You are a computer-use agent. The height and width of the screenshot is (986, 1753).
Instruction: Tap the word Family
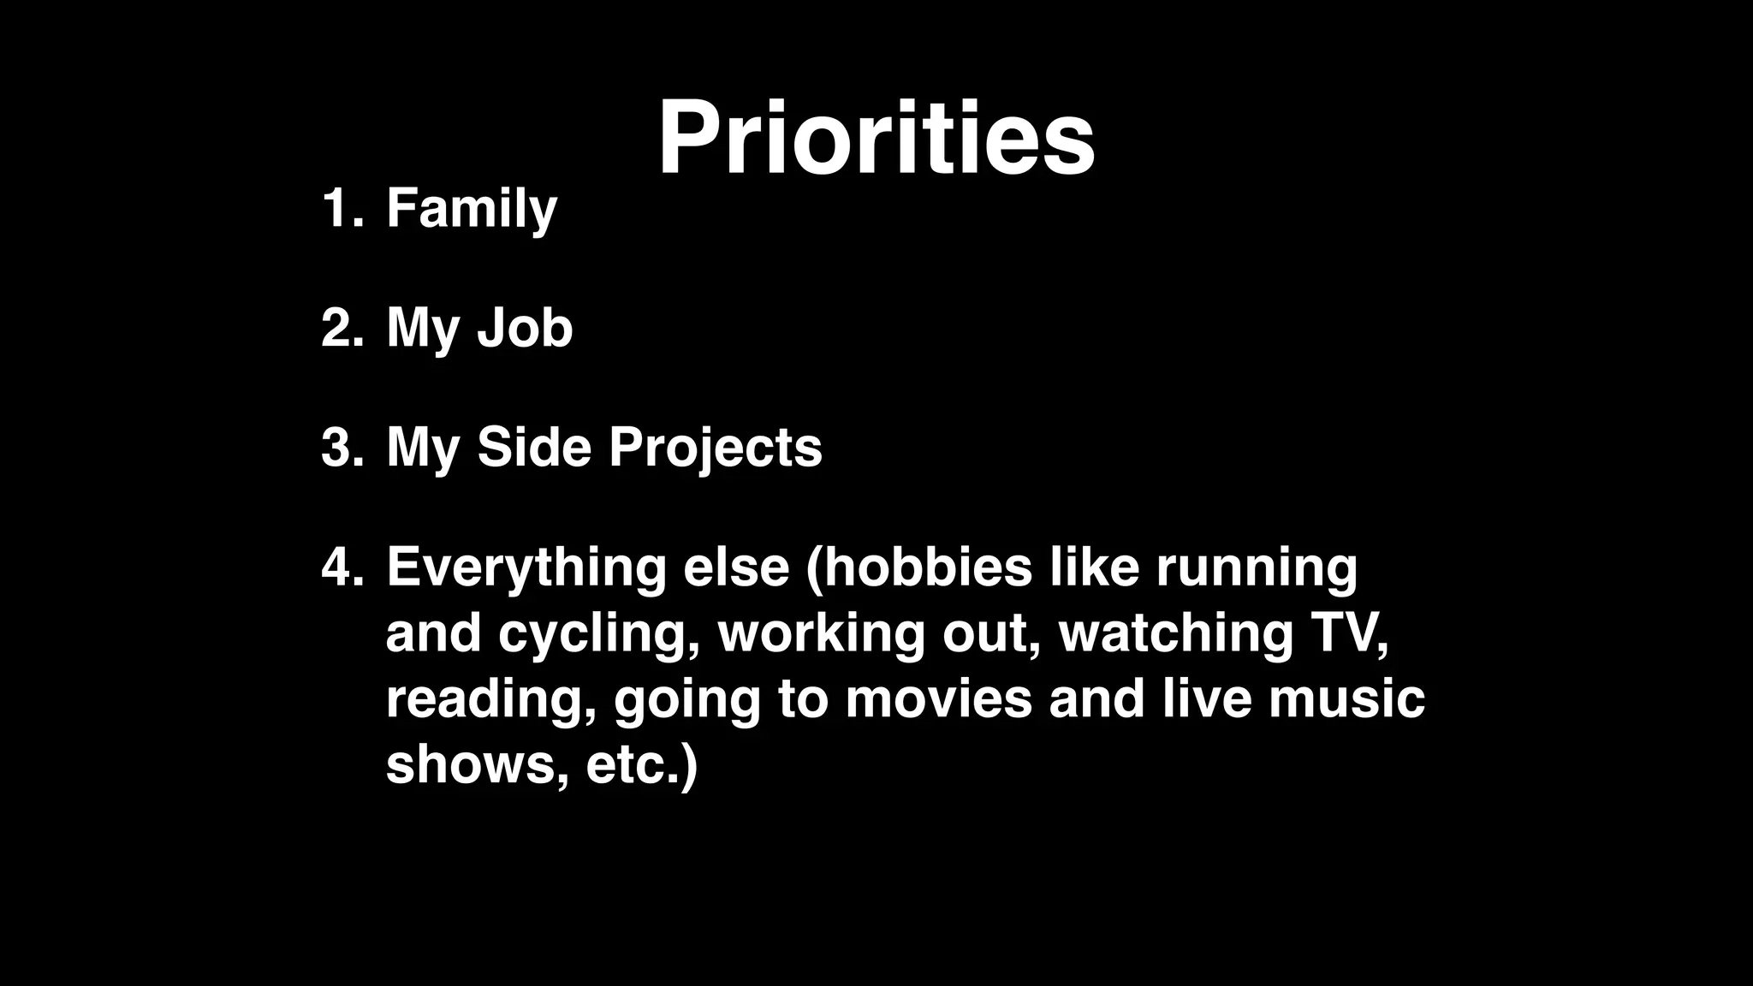(472, 208)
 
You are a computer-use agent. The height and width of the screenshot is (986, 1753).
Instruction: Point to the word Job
(524, 328)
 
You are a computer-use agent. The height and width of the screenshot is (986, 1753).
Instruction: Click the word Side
(533, 448)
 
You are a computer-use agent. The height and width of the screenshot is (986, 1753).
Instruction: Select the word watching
(1176, 633)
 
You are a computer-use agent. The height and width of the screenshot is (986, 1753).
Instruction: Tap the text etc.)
(642, 764)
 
